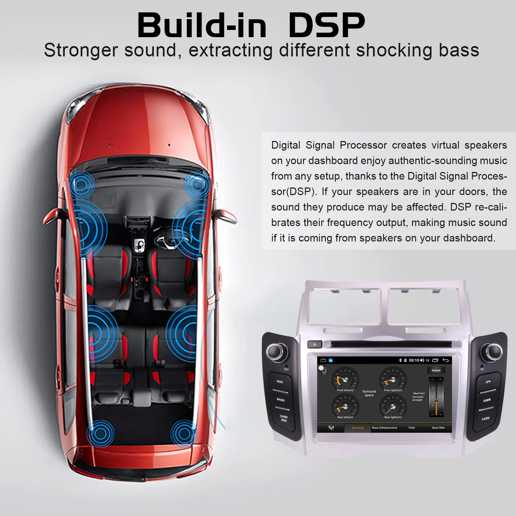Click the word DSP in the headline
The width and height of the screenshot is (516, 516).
click(x=326, y=25)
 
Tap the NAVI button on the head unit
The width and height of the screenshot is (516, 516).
click(x=280, y=382)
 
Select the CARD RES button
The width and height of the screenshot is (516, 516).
click(x=284, y=418)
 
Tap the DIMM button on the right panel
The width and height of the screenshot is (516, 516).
click(x=487, y=400)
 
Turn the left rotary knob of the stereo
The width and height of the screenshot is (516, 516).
click(x=276, y=351)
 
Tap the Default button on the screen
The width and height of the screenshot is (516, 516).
click(x=436, y=370)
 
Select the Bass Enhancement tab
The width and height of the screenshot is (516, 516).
click(x=384, y=428)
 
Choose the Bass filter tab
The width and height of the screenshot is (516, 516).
click(x=438, y=428)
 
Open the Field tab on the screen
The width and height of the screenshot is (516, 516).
click(x=411, y=428)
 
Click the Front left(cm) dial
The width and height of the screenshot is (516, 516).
click(x=345, y=379)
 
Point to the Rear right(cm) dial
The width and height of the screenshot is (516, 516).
click(x=393, y=406)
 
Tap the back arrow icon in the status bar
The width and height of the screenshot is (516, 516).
click(x=445, y=360)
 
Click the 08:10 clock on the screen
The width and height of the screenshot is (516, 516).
click(x=414, y=361)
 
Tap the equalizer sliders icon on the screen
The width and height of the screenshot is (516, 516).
click(x=331, y=428)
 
